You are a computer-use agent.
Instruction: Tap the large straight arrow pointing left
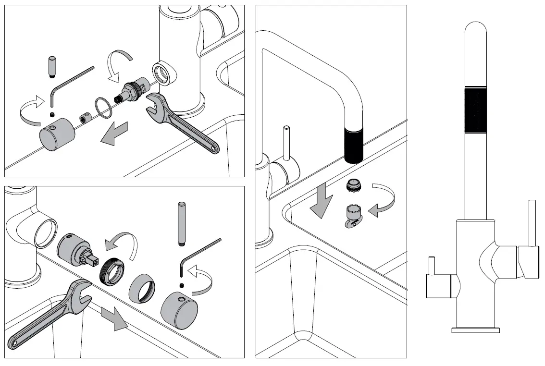pos(114,133)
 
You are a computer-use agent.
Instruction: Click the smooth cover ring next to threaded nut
pos(142,289)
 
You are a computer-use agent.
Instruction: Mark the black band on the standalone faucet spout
pos(475,110)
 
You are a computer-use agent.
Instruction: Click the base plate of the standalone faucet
pos(475,330)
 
